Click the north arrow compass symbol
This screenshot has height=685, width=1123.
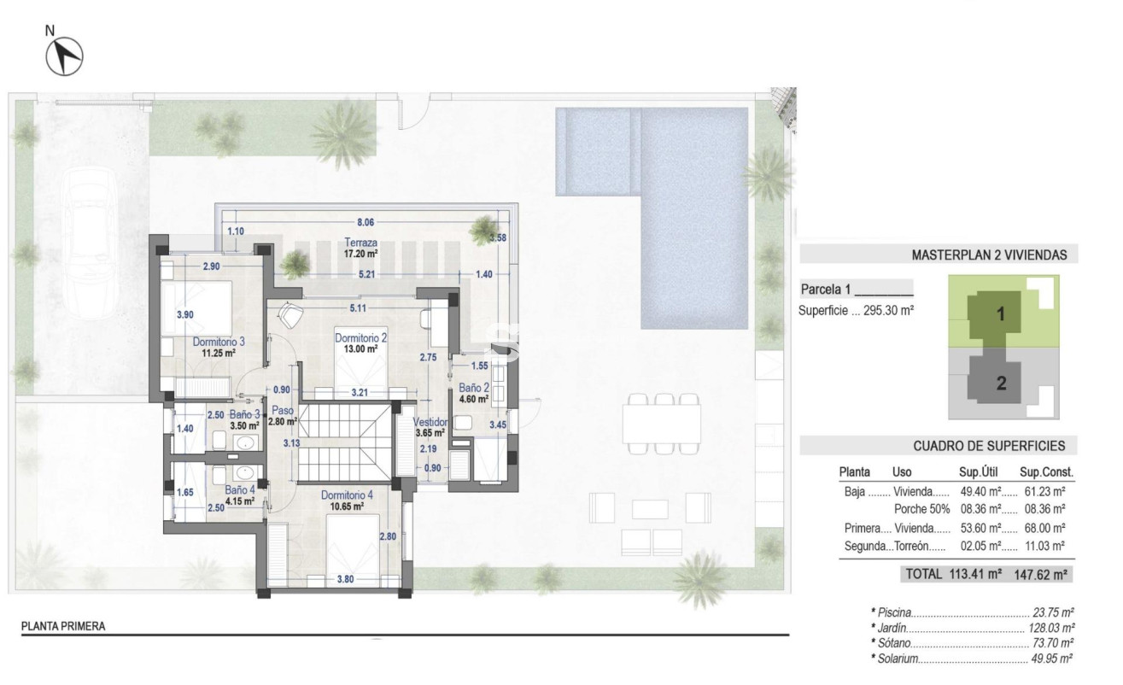(x=64, y=56)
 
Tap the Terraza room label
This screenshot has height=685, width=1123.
(x=361, y=242)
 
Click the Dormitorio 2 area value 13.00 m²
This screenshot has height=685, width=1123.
(x=360, y=349)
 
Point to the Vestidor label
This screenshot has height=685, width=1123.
(x=430, y=422)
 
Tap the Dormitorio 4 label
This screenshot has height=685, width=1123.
(x=347, y=495)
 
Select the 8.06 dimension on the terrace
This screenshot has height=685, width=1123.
(x=366, y=221)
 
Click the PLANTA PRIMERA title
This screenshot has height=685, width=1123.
(x=63, y=626)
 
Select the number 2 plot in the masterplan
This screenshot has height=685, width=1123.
(x=1001, y=383)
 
